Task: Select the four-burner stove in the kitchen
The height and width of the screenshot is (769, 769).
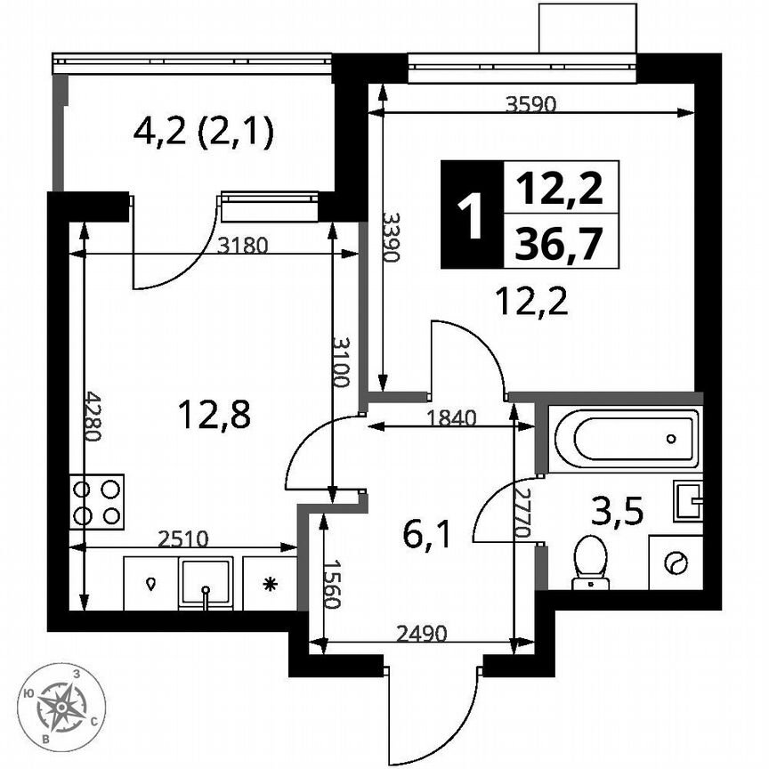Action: coord(97,502)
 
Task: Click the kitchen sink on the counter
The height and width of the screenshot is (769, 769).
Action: coord(206,583)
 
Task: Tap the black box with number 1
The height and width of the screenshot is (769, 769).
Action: coord(471,215)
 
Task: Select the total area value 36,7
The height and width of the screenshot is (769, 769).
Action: coord(561,241)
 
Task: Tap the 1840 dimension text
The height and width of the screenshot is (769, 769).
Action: coord(452,417)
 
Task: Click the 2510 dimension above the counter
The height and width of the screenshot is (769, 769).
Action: coord(185,537)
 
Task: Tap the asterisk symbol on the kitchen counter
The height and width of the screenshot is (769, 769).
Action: coord(268,584)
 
